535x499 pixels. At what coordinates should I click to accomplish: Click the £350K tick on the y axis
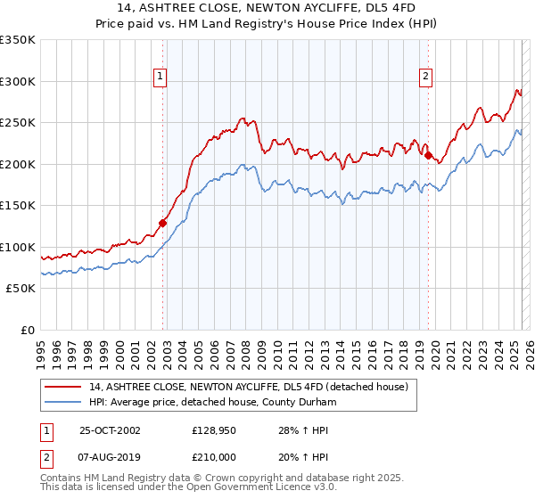[x=18, y=40]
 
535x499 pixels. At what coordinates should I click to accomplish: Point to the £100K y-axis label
[x=18, y=247]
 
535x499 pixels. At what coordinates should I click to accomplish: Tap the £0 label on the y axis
[x=28, y=330]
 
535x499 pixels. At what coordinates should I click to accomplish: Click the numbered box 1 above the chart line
[x=160, y=78]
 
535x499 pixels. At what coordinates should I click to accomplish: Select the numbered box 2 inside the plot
[x=426, y=78]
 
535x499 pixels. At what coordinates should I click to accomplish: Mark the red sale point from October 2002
[x=163, y=223]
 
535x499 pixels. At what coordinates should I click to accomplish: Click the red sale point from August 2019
[x=429, y=156]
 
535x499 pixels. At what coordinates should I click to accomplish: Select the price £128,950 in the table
[x=217, y=430]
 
